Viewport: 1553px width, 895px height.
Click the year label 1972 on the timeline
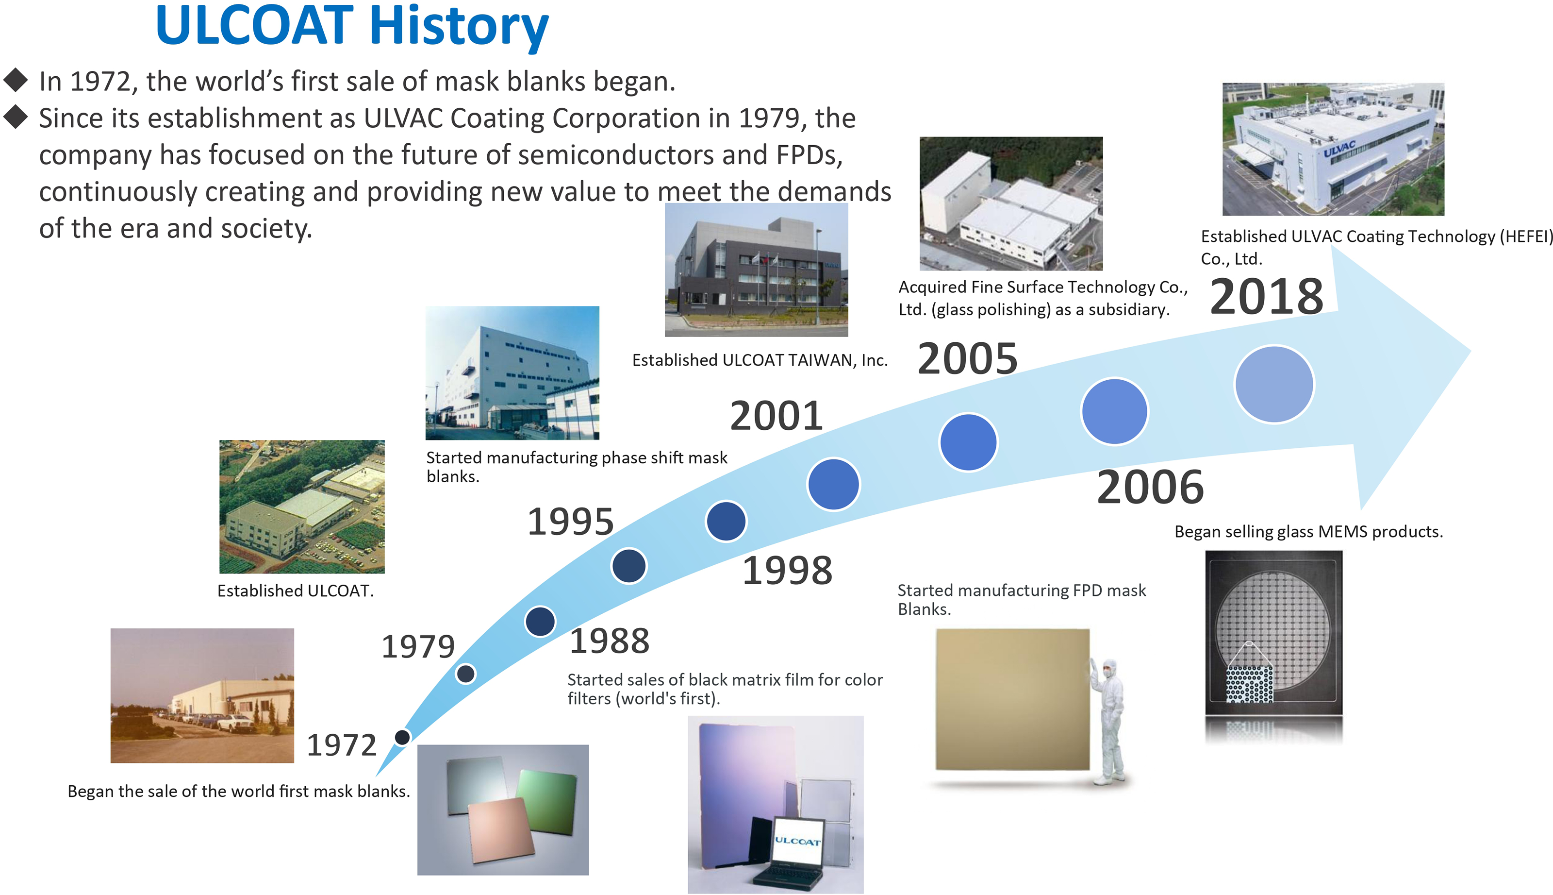[x=342, y=745]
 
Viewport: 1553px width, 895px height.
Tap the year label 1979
[x=418, y=647]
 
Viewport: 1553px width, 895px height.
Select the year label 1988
[x=610, y=641]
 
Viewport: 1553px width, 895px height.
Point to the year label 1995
[x=571, y=522]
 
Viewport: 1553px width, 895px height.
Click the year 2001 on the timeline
[x=776, y=416]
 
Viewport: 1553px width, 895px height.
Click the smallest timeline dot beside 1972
[x=402, y=737]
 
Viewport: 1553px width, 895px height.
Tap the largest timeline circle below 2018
[x=1274, y=385]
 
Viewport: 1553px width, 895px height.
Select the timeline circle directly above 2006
[x=1114, y=411]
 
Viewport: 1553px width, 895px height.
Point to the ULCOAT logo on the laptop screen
[x=797, y=841]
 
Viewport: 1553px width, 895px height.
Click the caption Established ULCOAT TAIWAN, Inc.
[x=760, y=360]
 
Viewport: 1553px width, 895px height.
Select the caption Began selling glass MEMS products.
[x=1308, y=532]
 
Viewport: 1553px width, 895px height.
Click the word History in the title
[x=459, y=26]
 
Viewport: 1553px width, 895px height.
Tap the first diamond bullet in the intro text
[x=16, y=80]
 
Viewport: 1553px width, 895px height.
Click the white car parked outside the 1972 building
[x=237, y=724]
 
